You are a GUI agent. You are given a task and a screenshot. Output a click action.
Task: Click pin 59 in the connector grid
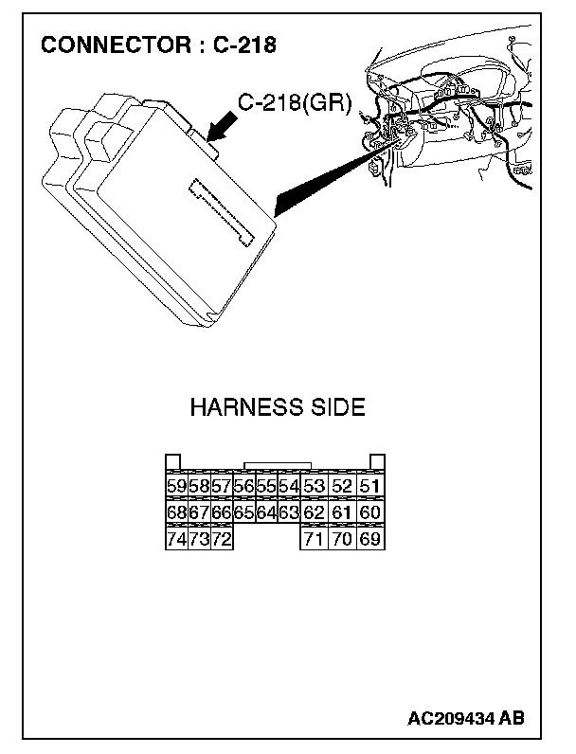[175, 487]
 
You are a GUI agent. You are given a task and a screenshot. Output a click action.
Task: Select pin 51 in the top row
[370, 487]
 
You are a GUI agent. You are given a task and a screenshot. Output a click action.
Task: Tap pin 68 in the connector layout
[175, 512]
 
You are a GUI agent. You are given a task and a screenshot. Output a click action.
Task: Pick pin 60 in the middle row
[370, 512]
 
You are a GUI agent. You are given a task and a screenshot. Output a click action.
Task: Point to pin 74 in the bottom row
[175, 539]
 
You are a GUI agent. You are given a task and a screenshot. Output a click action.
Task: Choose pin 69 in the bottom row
[370, 539]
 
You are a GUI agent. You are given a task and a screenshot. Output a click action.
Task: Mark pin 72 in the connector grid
[221, 539]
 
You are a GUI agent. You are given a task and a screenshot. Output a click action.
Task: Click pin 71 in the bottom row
[314, 539]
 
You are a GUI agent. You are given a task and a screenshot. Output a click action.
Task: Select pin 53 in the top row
[314, 487]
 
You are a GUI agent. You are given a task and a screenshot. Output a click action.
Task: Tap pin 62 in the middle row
[314, 512]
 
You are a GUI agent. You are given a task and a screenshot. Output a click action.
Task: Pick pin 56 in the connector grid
[243, 487]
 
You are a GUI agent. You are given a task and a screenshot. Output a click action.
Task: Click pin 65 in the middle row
[243, 512]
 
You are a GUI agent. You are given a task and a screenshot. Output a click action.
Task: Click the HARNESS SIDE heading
[278, 408]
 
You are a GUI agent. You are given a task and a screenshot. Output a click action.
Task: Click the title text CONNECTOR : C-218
[158, 45]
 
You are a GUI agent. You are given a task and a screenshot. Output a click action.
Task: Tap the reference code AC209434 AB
[466, 719]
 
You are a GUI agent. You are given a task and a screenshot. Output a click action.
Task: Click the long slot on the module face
[224, 210]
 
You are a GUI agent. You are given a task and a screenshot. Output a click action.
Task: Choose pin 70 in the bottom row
[342, 539]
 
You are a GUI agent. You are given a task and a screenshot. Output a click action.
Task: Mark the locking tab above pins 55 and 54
[278, 466]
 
